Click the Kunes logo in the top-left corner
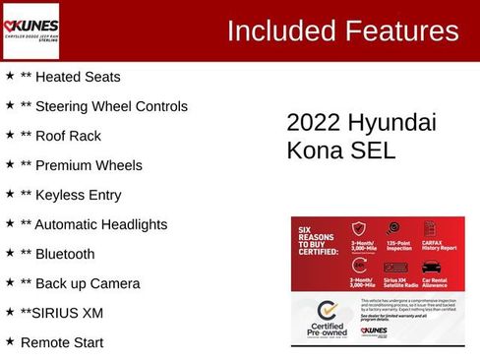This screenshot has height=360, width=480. (x=31, y=30)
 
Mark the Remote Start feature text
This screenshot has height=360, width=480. (x=61, y=342)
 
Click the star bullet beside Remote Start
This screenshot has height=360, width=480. (x=10, y=341)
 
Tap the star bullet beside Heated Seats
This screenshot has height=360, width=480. (x=10, y=76)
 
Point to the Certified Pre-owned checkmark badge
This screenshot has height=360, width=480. (x=328, y=313)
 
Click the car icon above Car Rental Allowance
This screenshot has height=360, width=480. (x=431, y=266)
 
